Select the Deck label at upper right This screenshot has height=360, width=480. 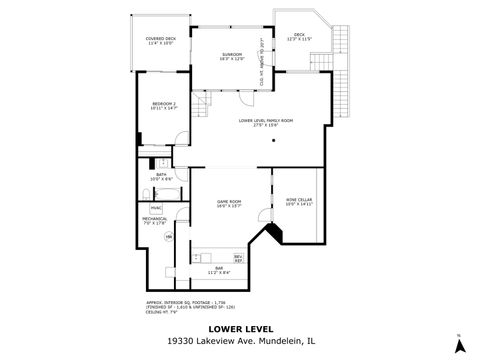point(299,36)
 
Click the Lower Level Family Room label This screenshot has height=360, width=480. point(265,121)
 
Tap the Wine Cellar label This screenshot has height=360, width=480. point(299,202)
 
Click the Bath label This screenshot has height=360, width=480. point(161,176)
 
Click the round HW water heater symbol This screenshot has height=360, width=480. point(169,236)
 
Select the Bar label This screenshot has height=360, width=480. point(219,269)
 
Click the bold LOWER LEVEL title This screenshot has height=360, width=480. point(239,327)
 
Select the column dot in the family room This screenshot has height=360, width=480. point(272,141)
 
